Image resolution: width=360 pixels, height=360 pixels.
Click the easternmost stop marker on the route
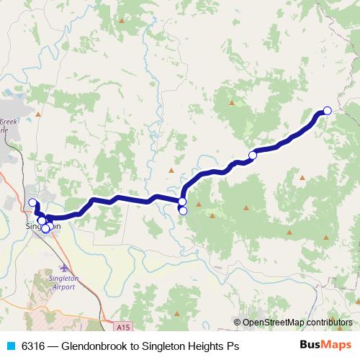(328, 110)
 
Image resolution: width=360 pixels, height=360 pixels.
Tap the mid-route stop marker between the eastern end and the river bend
(253, 156)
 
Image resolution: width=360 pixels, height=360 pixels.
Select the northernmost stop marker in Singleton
(32, 202)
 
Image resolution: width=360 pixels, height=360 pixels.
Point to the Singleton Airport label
(70, 280)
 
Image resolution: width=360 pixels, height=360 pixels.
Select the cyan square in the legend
(10, 346)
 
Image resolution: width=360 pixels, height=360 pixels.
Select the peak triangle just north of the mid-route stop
(231, 103)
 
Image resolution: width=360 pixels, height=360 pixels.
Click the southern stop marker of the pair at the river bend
(183, 211)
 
